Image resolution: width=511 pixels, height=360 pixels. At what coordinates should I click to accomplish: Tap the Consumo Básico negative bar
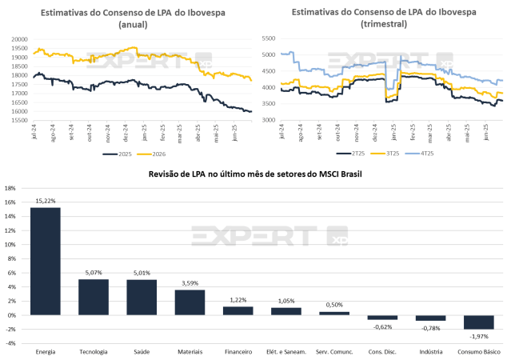click(x=479, y=322)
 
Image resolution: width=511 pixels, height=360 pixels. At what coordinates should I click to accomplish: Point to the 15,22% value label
click(x=45, y=201)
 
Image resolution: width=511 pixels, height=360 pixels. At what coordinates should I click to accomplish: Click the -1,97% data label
click(x=479, y=335)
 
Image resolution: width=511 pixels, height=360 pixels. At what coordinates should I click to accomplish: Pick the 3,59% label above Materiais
click(x=190, y=283)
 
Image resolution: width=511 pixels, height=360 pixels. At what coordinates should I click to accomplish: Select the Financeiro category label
click(x=238, y=351)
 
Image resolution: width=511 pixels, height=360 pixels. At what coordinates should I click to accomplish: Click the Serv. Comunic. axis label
click(x=334, y=351)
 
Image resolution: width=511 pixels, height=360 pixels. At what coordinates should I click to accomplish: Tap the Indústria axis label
click(x=430, y=351)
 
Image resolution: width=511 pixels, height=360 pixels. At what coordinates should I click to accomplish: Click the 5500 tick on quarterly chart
click(x=268, y=38)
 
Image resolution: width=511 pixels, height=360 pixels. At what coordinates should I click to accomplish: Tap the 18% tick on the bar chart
click(x=10, y=188)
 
